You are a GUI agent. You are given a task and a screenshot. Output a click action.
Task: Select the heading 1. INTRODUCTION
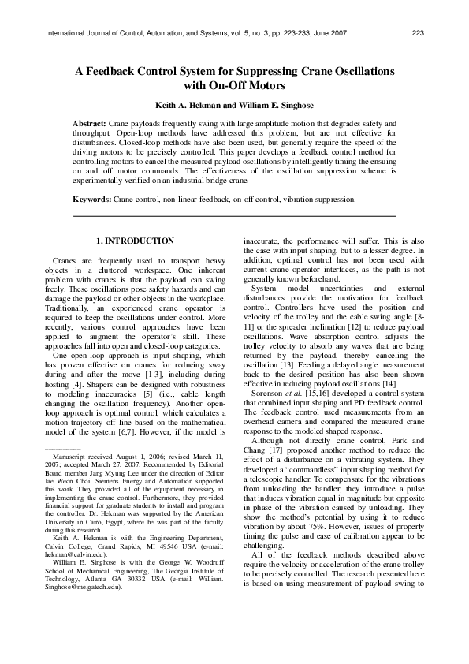pyautogui.click(x=135, y=240)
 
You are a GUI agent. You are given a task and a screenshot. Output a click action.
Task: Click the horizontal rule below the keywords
pyautogui.click(x=233, y=214)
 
